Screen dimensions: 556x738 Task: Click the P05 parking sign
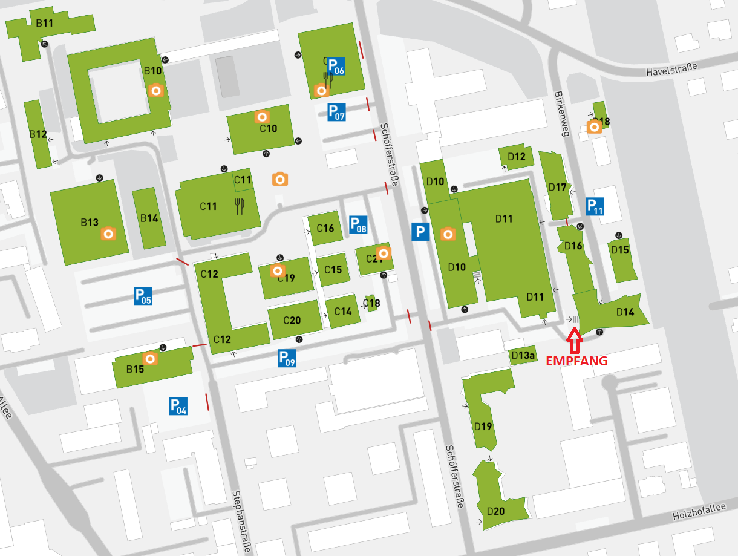tap(143, 296)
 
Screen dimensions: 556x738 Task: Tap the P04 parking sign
tap(178, 406)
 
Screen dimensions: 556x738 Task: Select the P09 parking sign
tap(287, 358)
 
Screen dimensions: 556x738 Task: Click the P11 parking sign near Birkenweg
tap(595, 207)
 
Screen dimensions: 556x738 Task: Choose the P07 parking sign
tap(336, 112)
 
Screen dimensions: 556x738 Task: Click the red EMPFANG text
tap(576, 361)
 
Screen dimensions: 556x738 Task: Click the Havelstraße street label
tap(671, 70)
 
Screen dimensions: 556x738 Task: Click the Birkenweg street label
tap(561, 114)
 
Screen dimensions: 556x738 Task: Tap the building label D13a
tap(523, 355)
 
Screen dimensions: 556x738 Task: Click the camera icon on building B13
tap(108, 233)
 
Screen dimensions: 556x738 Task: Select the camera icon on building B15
tap(151, 359)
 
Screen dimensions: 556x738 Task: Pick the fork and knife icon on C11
tap(240, 207)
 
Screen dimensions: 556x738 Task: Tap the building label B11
tap(45, 23)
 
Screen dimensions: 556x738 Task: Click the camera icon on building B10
tap(156, 91)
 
